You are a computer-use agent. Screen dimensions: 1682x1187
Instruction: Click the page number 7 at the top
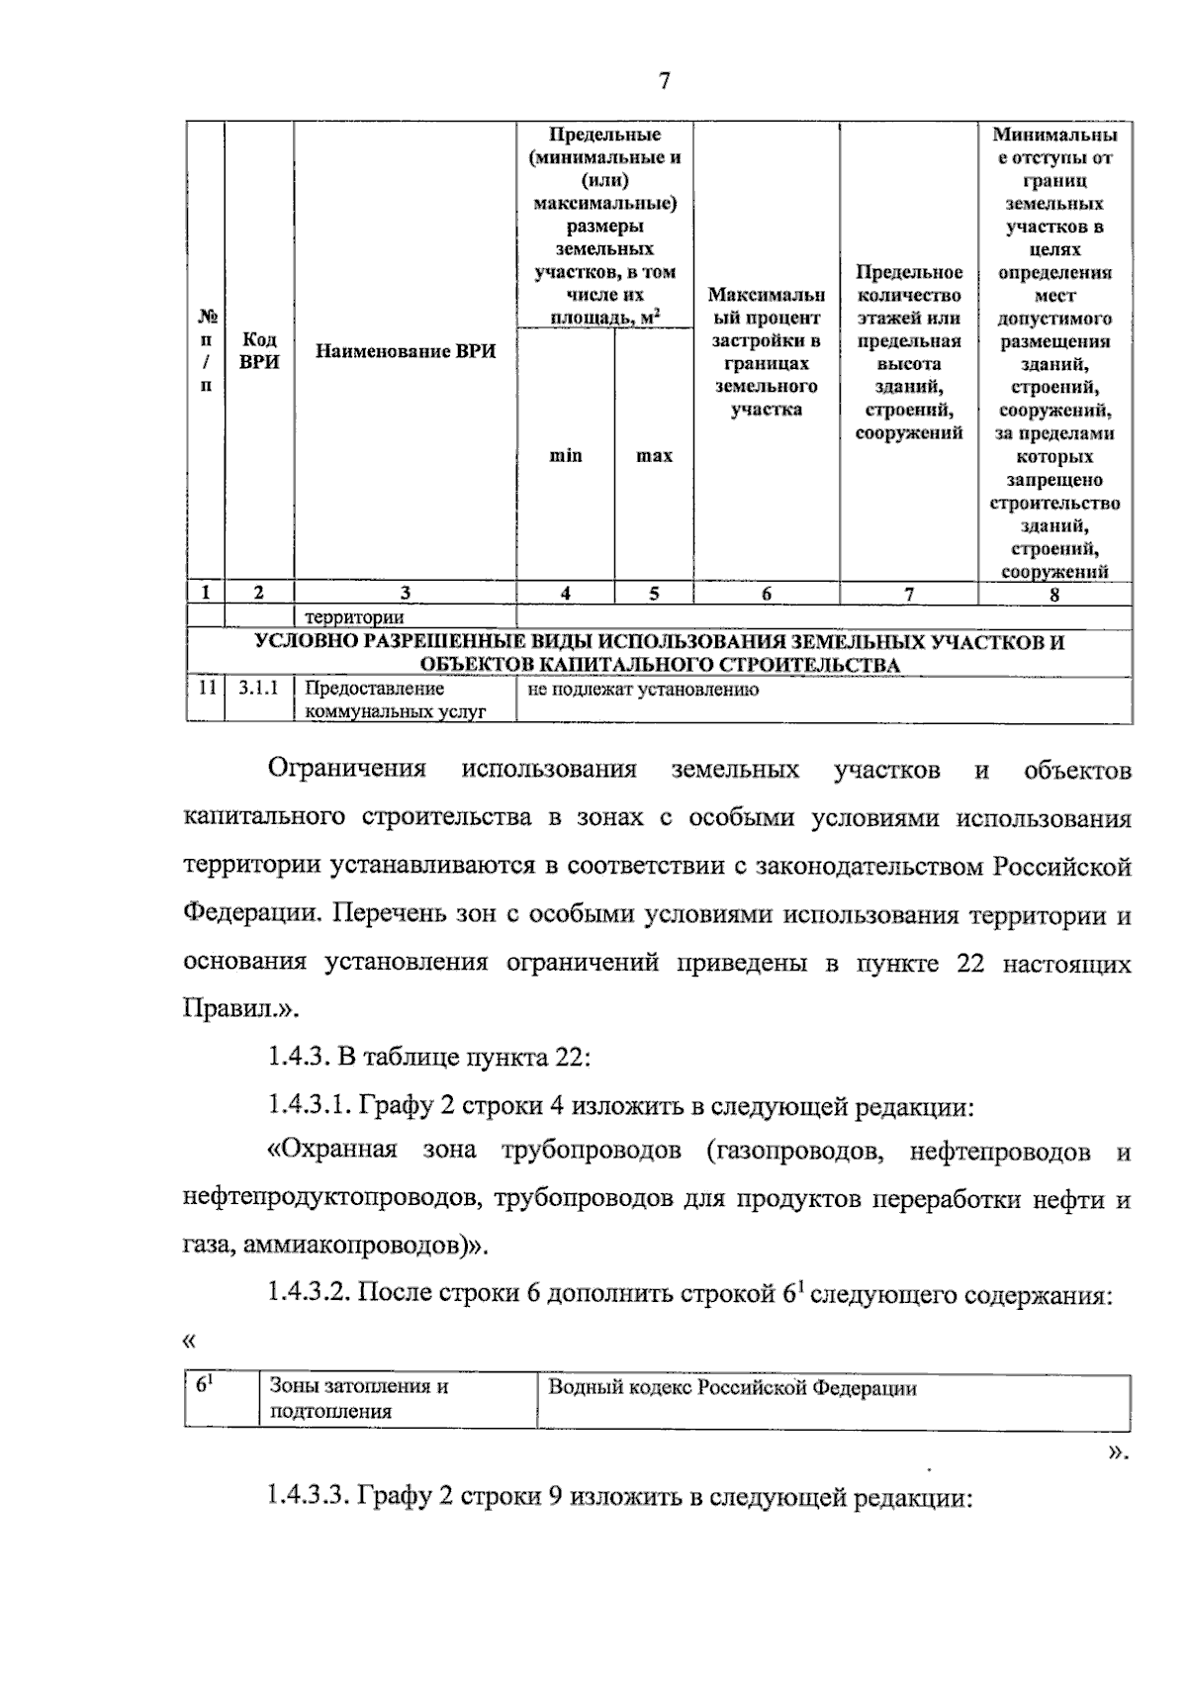(x=664, y=81)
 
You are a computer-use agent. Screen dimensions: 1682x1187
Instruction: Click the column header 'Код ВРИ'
(x=259, y=351)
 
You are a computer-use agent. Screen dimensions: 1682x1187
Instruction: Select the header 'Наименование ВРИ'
(x=406, y=351)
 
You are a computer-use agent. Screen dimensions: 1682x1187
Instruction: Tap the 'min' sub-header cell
(x=566, y=456)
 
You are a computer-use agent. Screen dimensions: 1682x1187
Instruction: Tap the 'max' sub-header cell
(x=654, y=456)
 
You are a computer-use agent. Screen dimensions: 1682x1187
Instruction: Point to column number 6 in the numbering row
(x=767, y=594)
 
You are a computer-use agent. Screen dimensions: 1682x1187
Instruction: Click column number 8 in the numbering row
(x=1054, y=594)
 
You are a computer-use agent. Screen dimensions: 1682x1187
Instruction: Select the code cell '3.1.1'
(x=259, y=689)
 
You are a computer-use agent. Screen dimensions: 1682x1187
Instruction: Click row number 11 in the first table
(x=206, y=689)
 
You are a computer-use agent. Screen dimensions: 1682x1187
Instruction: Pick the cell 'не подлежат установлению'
(x=643, y=690)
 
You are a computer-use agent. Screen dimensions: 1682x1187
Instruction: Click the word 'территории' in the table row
(x=354, y=618)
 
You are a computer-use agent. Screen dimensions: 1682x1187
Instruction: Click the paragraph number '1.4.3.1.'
(x=310, y=1105)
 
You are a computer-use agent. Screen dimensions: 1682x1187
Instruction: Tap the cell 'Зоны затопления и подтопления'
(x=359, y=1399)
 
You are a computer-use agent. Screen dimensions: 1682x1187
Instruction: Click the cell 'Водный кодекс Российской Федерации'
(x=733, y=1388)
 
